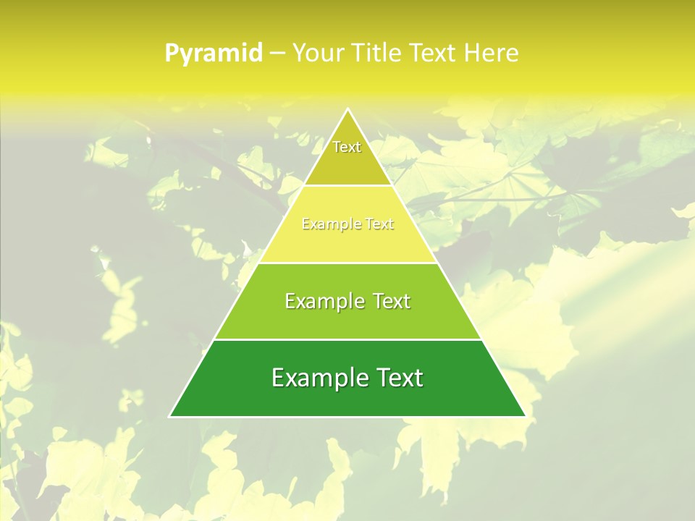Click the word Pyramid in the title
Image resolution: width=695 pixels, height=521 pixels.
point(213,54)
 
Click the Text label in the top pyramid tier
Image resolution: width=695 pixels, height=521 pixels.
point(347,147)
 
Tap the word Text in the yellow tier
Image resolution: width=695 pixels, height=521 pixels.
point(379,224)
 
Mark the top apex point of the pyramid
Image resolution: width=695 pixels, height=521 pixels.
point(347,109)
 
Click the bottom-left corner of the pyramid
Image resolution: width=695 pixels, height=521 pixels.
point(170,416)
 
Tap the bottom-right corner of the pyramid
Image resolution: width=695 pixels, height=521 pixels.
point(525,416)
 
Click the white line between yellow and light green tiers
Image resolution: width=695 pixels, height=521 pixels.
point(347,263)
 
